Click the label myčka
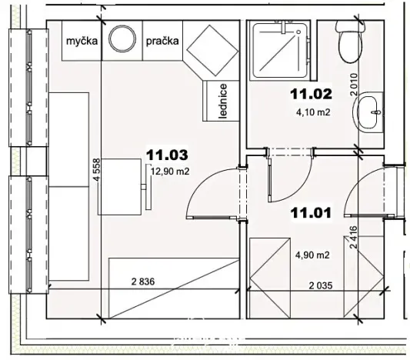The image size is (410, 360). coord(82,42)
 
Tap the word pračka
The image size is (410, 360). coord(164,42)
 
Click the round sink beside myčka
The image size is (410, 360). coord(122,40)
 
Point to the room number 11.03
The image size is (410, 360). coord(167,155)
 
